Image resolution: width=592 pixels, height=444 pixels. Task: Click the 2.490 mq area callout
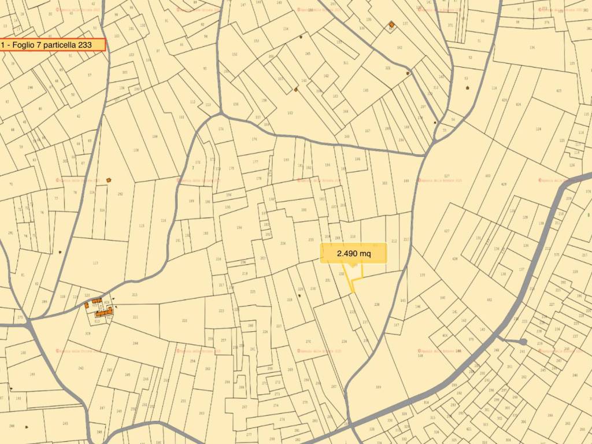click(x=353, y=253)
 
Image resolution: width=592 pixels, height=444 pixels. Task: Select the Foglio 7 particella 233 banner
click(x=53, y=45)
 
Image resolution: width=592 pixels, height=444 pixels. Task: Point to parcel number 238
click(x=377, y=305)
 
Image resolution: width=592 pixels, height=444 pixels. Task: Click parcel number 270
click(x=308, y=342)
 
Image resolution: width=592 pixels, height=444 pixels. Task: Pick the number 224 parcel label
click(x=283, y=243)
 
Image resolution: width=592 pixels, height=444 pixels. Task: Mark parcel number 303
click(x=384, y=183)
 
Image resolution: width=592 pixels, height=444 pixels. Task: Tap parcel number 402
click(x=489, y=300)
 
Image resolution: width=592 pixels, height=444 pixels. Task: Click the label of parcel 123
click(x=95, y=262)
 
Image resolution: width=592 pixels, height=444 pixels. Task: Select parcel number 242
click(x=80, y=368)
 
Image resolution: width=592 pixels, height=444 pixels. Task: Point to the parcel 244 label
click(x=135, y=343)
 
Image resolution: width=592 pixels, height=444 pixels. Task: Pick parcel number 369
click(x=378, y=387)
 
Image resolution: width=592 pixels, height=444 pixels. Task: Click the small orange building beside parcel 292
click(x=108, y=180)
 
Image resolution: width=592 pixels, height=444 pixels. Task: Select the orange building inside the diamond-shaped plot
click(x=391, y=24)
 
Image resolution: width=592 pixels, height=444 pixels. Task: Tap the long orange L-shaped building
click(x=105, y=312)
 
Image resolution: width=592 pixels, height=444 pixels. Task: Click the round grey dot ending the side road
click(x=523, y=342)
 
